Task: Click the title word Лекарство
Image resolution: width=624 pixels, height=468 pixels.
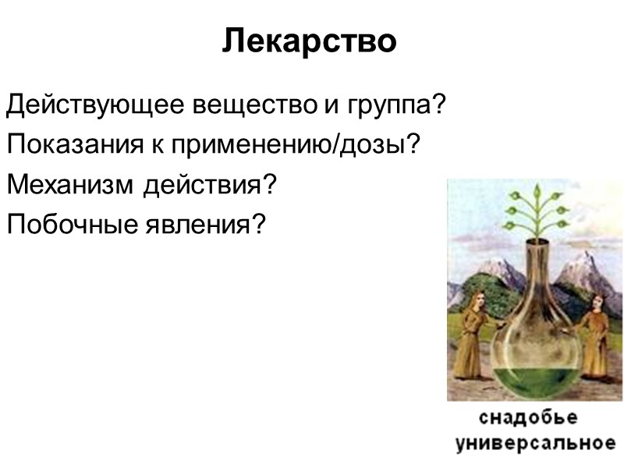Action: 310,41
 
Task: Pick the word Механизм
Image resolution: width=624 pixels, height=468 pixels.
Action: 71,185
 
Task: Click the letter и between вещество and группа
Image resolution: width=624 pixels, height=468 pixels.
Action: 323,105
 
